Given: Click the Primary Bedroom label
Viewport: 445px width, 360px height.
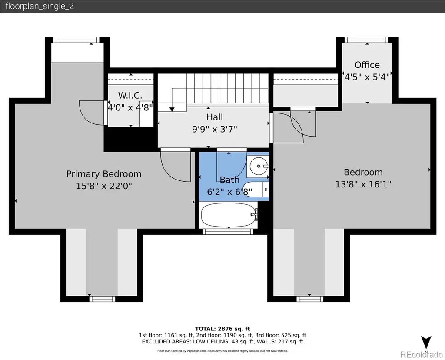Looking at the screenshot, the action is pos(104,174).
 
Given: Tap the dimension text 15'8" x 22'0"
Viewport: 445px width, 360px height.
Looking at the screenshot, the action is pos(104,186).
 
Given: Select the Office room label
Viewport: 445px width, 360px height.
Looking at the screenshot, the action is pos(367,65).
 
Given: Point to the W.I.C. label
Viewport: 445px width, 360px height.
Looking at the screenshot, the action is pos(130,95).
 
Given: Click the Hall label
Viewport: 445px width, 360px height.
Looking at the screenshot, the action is pos(215,117).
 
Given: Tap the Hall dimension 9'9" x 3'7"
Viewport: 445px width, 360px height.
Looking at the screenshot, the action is pos(215,129).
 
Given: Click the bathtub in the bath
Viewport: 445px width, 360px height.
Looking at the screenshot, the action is pos(229,215).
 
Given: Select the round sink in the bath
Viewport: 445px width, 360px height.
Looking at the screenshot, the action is pos(259,167).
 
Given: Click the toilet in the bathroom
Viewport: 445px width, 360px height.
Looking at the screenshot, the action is pos(256,190).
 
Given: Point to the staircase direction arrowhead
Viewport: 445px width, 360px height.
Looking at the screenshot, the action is pos(172,109).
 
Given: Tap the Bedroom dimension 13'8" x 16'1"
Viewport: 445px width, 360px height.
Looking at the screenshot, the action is pos(363,184).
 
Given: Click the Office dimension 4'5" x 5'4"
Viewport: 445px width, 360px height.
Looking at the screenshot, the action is pos(367,77).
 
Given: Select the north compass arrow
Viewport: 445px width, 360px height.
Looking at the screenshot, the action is pos(426,343).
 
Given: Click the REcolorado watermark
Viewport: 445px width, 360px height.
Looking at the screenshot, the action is pos(422,354).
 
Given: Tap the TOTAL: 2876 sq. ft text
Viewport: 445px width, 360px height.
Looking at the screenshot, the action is pos(222,329).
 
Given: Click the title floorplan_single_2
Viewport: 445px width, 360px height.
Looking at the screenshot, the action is pos(40,6).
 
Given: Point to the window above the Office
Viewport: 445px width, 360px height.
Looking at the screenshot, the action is pos(367,40).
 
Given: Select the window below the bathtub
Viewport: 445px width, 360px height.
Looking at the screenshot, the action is pos(228,232).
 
